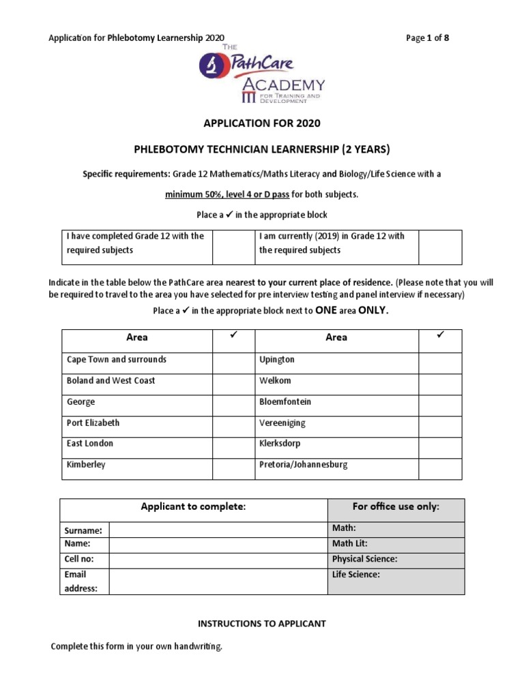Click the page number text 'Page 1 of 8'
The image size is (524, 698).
427,37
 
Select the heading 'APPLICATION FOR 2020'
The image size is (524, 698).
262,123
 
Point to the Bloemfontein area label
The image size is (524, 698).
285,401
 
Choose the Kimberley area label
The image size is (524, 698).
86,464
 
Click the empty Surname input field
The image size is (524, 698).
218,530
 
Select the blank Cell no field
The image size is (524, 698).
218,559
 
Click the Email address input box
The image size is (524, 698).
218,581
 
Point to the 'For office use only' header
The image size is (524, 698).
396,506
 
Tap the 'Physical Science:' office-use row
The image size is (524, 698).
396,559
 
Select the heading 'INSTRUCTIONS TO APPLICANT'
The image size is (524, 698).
262,624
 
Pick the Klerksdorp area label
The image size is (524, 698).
282,443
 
